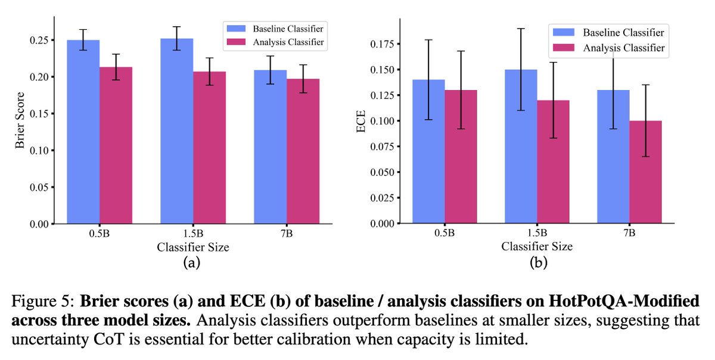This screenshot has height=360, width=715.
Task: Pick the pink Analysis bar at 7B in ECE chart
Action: tap(645, 172)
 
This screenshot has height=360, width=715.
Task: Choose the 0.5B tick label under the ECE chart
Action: tap(443, 234)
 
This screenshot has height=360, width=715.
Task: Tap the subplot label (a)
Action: tap(192, 260)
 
